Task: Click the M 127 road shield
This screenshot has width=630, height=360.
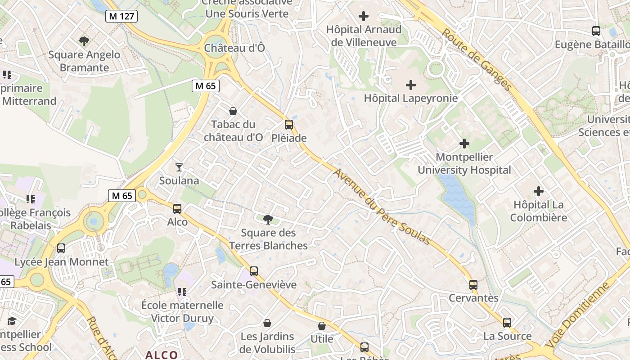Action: [121, 16]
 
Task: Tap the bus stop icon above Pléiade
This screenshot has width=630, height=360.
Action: [289, 125]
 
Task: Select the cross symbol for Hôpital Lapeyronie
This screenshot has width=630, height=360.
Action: [410, 85]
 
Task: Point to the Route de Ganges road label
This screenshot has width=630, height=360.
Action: [477, 60]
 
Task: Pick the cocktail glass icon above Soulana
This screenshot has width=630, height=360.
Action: [179, 167]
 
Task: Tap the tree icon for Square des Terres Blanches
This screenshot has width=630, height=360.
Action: [268, 220]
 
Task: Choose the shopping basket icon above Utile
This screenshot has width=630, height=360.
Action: [322, 326]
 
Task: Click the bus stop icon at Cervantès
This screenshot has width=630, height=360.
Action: [473, 285]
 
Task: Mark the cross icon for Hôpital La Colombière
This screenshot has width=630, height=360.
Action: [539, 191]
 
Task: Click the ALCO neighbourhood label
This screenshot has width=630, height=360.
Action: [162, 355]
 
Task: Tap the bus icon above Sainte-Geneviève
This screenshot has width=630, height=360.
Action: [254, 271]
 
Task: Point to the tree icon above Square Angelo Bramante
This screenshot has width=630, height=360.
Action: [84, 41]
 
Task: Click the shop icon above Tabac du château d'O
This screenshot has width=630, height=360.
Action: [233, 111]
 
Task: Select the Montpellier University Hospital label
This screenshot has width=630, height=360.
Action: [464, 164]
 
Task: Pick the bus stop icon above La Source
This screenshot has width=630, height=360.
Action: [507, 323]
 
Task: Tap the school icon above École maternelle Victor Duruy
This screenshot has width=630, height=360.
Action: [182, 292]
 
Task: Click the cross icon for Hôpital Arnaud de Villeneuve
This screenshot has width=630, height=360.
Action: [363, 16]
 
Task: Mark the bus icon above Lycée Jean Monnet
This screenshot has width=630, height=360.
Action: [61, 248]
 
